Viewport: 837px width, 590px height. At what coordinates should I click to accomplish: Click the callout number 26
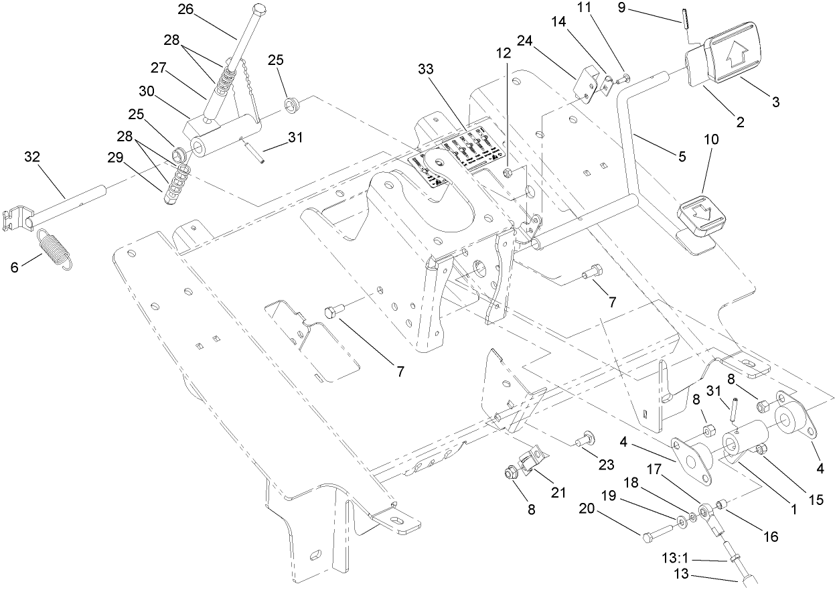pos(184,9)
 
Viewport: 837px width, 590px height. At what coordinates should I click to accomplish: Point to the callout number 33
pos(426,69)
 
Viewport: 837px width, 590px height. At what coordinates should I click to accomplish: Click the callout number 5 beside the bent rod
pos(682,157)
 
